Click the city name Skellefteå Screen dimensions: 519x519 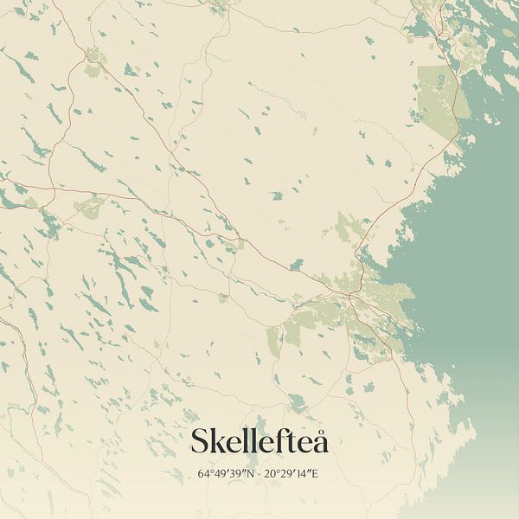pyautogui.click(x=259, y=441)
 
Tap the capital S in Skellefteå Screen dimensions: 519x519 pyautogui.click(x=200, y=441)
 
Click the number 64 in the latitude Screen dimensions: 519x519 pyautogui.click(x=203, y=474)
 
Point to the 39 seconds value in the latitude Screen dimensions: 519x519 pyautogui.click(x=234, y=474)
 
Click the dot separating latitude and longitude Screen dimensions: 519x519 pyautogui.click(x=259, y=474)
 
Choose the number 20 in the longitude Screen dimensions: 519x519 pyautogui.click(x=269, y=474)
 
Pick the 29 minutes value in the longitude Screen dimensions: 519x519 pyautogui.click(x=285, y=474)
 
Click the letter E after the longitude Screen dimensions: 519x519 pyautogui.click(x=314, y=474)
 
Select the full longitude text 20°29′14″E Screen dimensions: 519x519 pyautogui.click(x=292, y=474)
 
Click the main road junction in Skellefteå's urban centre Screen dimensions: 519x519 pyautogui.click(x=350, y=296)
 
